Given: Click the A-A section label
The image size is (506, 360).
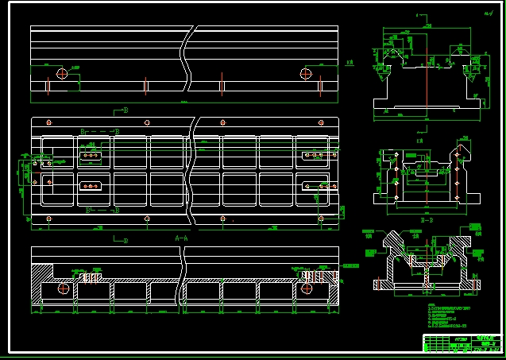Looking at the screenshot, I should (181, 238).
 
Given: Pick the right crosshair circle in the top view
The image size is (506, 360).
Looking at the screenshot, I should (306, 74).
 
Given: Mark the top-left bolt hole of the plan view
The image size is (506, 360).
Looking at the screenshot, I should (49, 122).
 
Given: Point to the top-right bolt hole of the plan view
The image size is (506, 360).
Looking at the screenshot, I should (321, 122).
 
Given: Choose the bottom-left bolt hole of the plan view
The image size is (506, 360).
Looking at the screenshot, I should (49, 215).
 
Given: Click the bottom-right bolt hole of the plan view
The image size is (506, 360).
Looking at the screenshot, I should (321, 215).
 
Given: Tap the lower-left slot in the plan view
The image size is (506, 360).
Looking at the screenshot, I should (90, 188).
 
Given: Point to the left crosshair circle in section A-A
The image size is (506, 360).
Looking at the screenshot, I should (63, 289).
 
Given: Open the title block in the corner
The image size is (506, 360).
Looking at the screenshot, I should (462, 343).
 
